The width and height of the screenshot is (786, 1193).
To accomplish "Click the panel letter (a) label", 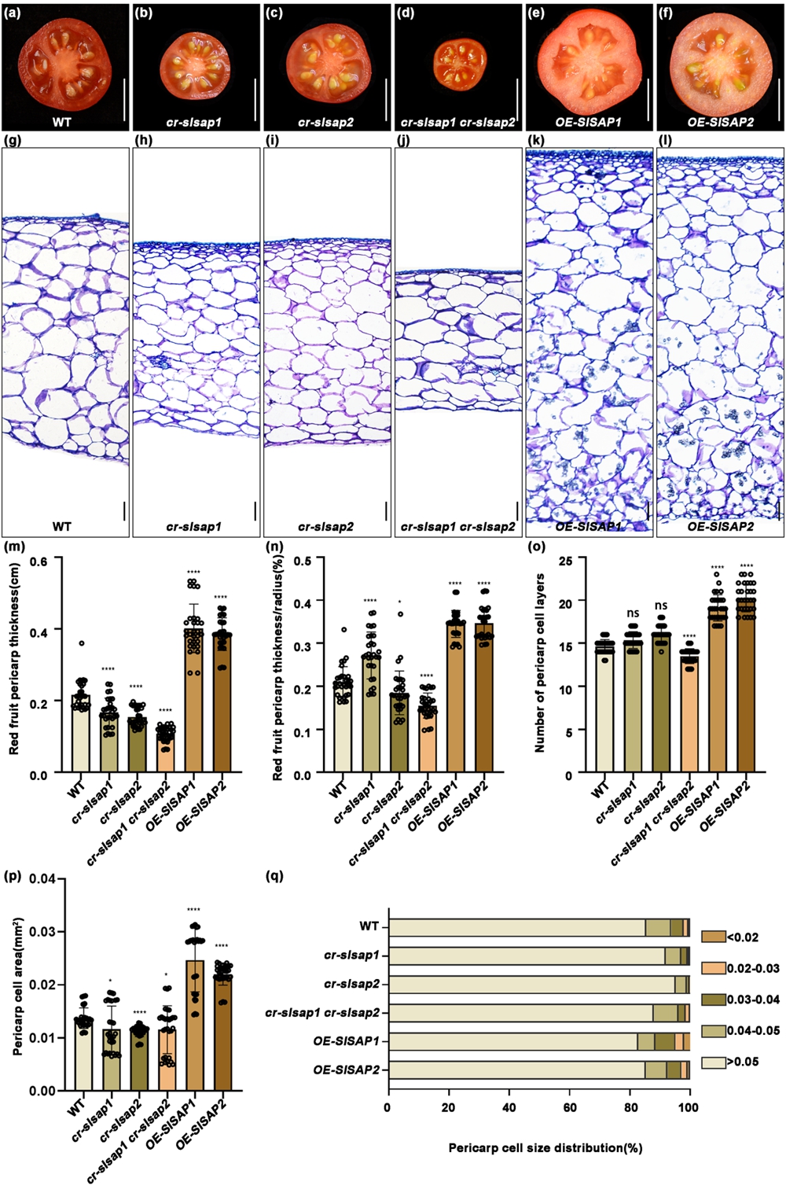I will click(x=13, y=13).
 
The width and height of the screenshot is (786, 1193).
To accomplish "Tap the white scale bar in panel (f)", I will click(x=778, y=98).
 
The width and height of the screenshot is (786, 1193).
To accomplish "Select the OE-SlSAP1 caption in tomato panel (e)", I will click(x=589, y=122).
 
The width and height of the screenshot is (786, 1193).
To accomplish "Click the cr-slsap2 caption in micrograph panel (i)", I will click(x=326, y=526).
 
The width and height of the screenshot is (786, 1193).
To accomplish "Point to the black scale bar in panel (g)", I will click(x=124, y=511).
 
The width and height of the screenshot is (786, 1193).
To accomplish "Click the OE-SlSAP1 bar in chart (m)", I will click(x=193, y=700).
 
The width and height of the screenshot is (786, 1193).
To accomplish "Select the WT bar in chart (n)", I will click(x=343, y=727).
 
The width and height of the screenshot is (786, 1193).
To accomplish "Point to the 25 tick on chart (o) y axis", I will click(x=564, y=561).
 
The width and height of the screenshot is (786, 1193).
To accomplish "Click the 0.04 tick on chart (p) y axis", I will click(x=42, y=878).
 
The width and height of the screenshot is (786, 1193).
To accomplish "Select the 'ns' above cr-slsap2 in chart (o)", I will click(x=661, y=606).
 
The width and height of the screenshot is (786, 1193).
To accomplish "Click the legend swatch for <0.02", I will click(x=713, y=937).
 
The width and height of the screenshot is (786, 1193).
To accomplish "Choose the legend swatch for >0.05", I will click(x=713, y=1062).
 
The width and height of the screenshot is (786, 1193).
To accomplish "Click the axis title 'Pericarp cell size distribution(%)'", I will click(x=545, y=1147).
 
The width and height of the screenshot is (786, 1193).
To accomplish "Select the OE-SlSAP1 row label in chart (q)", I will click(x=346, y=1041).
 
